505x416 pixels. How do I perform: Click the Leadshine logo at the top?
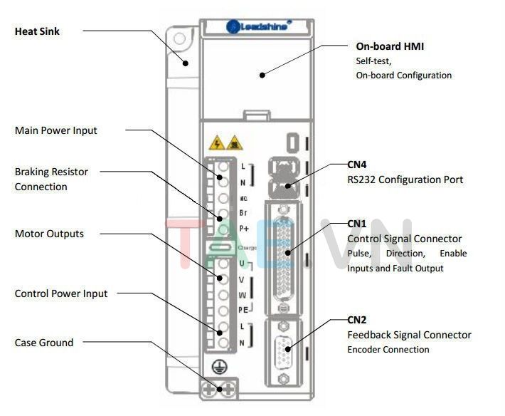point(258,26)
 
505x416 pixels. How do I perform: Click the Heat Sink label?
point(37,31)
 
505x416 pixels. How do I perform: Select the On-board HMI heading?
point(390,47)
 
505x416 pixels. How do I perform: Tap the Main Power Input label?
point(56,130)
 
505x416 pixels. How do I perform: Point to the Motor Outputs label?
point(49,234)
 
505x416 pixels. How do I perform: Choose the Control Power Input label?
point(61,293)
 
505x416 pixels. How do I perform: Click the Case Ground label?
point(44,343)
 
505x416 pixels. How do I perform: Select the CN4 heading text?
point(357,165)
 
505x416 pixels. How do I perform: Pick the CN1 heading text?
point(357,224)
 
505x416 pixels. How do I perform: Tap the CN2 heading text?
point(357,320)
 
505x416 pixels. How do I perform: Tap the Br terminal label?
point(243,213)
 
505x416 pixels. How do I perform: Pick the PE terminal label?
point(243,309)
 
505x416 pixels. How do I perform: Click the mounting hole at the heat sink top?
point(180,38)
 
